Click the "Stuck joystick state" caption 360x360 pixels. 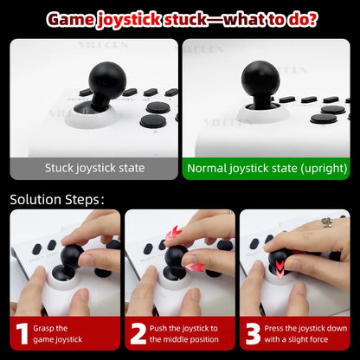[94, 167]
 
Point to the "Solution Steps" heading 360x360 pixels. [56, 199]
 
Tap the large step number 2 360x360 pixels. [138, 334]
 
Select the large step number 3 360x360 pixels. [254, 334]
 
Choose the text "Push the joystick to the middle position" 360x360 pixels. [184, 334]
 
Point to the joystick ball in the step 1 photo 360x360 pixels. [69, 256]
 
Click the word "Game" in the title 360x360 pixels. [74, 18]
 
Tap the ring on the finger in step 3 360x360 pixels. [327, 223]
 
